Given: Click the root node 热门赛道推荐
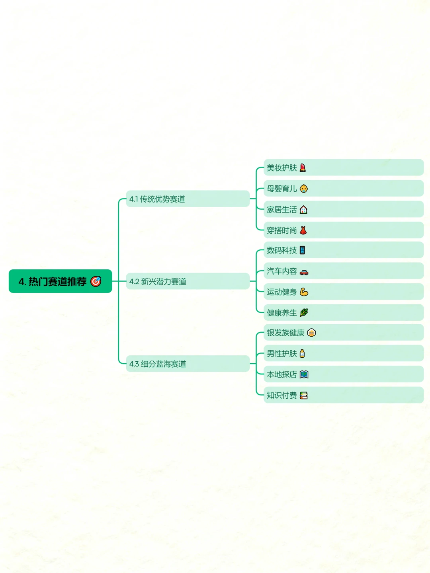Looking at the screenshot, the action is coord(60,281).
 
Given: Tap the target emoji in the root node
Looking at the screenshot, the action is coord(96,281).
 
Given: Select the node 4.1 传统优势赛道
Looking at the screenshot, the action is coord(188,199).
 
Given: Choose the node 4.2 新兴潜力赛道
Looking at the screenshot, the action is coord(188,281).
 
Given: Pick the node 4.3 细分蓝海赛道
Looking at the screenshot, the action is coord(188,363).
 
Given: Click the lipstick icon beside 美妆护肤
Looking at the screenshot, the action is coord(303,168).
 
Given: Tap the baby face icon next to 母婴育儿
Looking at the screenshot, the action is coord(304,189).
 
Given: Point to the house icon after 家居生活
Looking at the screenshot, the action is coord(303,209).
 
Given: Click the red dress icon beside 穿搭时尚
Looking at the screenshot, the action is coord(303,230).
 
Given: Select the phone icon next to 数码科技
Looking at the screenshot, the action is coord(302,250).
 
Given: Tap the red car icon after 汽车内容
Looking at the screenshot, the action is coord(304,272).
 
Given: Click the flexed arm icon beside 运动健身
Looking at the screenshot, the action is coord(304,292).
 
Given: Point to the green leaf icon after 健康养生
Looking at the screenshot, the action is coord(304,312).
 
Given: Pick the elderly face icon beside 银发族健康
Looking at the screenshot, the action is coord(311,333).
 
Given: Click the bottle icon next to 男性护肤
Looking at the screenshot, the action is coord(302,353).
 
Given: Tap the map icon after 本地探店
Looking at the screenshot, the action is coord(304,374).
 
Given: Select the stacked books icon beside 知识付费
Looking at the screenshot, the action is coord(304,395).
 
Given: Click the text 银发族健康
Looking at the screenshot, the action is coord(285,333).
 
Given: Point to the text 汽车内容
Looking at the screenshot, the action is coord(282,271).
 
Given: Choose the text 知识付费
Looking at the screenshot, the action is coord(282,395).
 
